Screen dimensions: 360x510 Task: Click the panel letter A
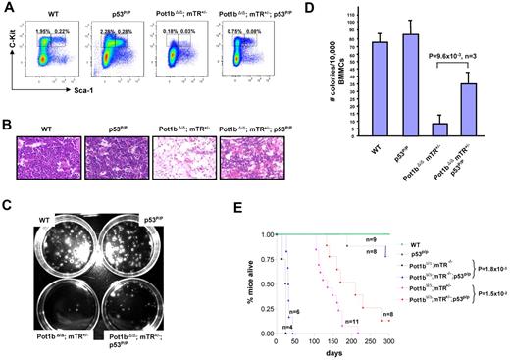coord(8,8)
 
